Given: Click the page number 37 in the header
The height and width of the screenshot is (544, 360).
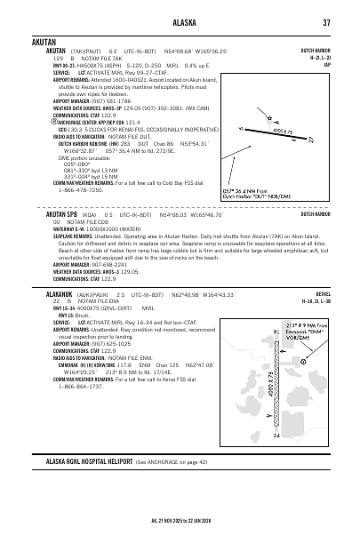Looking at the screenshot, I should tap(326, 22).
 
